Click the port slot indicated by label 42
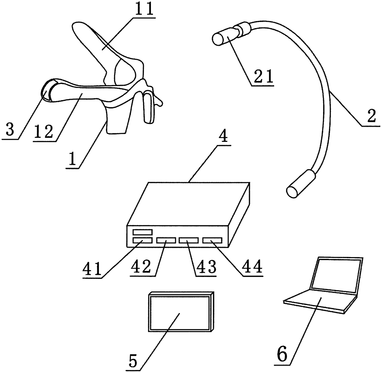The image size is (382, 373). [166, 240]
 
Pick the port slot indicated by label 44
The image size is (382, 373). [212, 240]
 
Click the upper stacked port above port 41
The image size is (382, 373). [142, 232]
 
